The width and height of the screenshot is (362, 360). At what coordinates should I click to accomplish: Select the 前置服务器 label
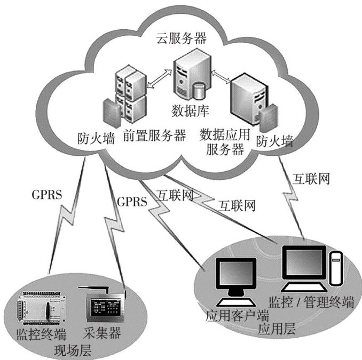(154, 135)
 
